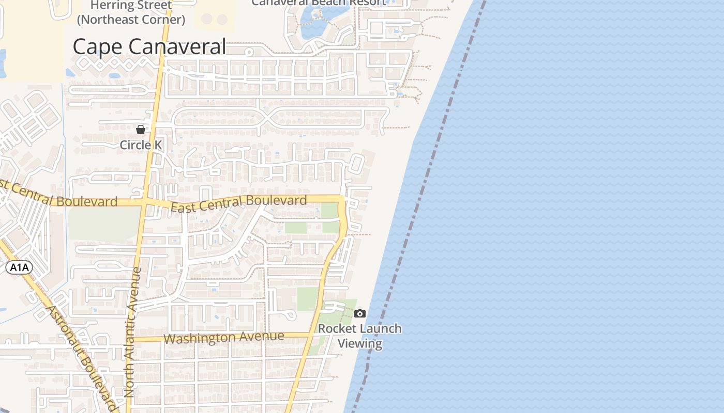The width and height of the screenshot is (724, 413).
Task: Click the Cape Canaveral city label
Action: [149, 46]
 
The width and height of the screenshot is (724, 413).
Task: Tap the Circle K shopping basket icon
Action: [140, 129]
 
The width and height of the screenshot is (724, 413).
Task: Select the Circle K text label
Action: [141, 145]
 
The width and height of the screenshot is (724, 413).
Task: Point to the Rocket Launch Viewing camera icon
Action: [360, 313]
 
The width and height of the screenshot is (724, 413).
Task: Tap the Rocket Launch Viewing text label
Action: [359, 336]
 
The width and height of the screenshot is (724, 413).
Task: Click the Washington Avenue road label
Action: [223, 338]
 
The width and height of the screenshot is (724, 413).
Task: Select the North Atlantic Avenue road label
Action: [133, 333]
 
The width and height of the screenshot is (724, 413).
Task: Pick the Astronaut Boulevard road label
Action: [82, 356]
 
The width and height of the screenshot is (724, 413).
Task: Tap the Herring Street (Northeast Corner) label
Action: [131, 13]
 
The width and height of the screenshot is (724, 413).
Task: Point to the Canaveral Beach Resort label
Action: [319, 3]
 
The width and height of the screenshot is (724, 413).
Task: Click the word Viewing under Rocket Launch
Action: [359, 343]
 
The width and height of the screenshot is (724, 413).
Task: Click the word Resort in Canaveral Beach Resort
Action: [367, 3]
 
